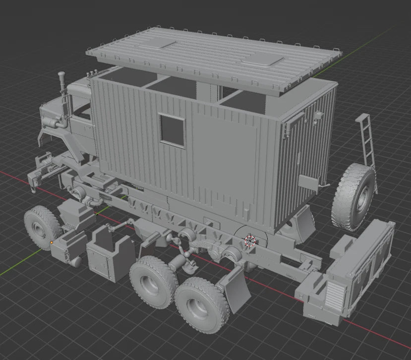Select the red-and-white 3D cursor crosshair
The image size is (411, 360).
coord(250,241)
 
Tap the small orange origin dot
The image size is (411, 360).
coord(52,242)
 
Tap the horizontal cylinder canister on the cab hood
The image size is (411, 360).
coord(51,122)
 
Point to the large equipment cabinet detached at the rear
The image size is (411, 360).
coord(364,268)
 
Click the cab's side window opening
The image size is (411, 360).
coord(82,112)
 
